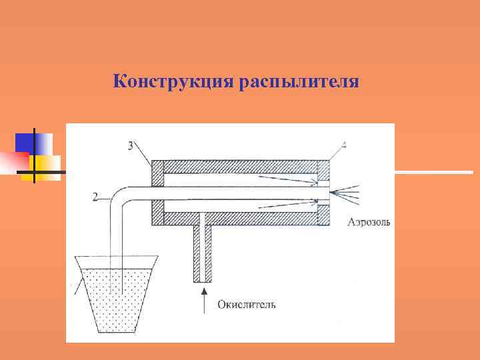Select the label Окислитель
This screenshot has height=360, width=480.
pyautogui.click(x=247, y=305)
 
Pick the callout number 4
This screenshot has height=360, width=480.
pyautogui.click(x=343, y=145)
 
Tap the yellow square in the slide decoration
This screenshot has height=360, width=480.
pyautogui.click(x=46, y=163)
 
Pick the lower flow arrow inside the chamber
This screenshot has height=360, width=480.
pyautogui.click(x=287, y=205)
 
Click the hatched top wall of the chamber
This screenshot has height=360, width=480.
pyautogui.click(x=240, y=165)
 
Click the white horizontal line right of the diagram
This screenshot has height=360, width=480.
pyautogui.click(x=433, y=172)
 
